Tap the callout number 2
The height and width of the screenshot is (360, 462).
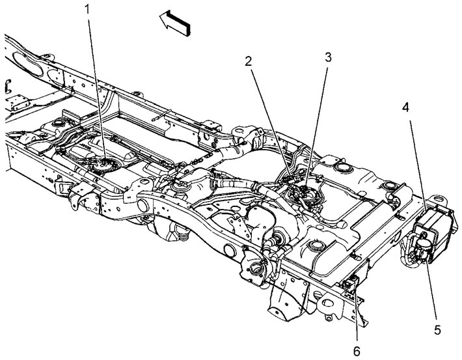pyautogui.click(x=249, y=61)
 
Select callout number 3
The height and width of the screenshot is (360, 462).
pyautogui.click(x=328, y=57)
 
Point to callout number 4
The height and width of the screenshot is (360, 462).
pyautogui.click(x=406, y=107)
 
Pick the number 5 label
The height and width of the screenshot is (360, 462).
pyautogui.click(x=437, y=330)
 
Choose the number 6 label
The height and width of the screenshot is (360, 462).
pyautogui.click(x=357, y=351)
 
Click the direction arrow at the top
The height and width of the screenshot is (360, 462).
pyautogui.click(x=175, y=23)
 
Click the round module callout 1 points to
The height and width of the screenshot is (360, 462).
pyautogui.click(x=103, y=165)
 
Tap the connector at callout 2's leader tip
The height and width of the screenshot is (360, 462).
pyautogui.click(x=290, y=176)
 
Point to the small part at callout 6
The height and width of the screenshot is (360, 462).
pyautogui.click(x=351, y=284)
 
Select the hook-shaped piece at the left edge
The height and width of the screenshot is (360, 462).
pyautogui.click(x=8, y=86)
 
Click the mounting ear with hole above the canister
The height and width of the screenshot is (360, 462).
pyautogui.click(x=440, y=200)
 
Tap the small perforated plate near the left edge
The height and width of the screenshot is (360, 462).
pyautogui.click(x=18, y=101)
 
